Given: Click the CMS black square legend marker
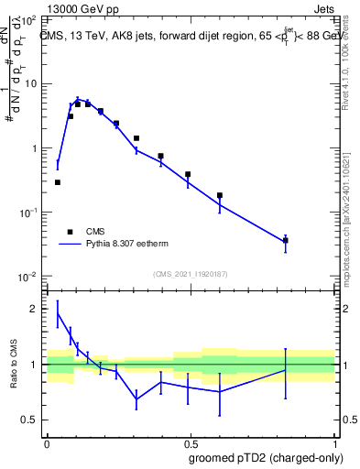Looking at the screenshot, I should [x=70, y=232].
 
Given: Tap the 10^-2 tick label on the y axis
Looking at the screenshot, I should [x=31, y=277].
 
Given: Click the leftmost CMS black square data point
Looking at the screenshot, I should [x=58, y=182].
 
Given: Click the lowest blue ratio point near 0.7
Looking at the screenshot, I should [x=136, y=399].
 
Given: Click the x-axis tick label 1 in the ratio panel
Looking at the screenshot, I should [x=334, y=442].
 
